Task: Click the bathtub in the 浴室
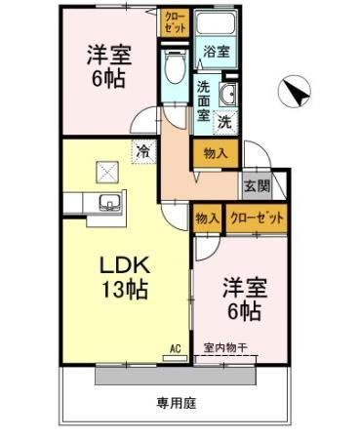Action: click(217, 21)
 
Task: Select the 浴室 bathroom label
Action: click(217, 51)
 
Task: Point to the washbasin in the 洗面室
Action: click(228, 95)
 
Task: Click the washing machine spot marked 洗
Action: click(225, 122)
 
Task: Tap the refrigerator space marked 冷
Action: click(143, 151)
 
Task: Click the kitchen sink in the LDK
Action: click(110, 203)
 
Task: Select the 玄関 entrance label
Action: click(258, 185)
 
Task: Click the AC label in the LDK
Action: click(176, 348)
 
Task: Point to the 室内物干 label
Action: click(225, 348)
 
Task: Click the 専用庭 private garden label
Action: click(177, 404)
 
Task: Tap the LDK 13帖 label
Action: click(126, 277)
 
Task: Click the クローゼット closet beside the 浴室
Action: click(176, 22)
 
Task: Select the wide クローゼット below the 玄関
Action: click(257, 219)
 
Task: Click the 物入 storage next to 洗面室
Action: click(216, 153)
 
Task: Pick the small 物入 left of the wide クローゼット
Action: click(208, 219)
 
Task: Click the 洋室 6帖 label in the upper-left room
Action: click(108, 66)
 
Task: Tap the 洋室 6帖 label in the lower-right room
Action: click(245, 299)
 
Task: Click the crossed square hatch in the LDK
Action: click(107, 173)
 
